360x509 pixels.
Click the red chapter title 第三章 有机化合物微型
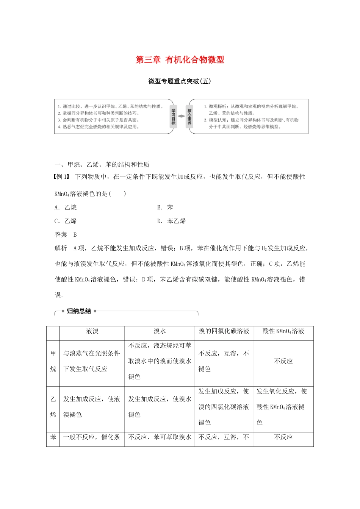(180, 60)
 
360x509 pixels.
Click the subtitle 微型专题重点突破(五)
(180, 81)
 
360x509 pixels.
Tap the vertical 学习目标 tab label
(173, 117)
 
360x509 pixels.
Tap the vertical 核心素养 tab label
(189, 117)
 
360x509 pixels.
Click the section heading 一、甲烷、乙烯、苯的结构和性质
(102, 164)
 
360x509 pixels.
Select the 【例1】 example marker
(63, 176)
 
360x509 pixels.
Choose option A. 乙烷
(66, 208)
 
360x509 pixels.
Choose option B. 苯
(165, 208)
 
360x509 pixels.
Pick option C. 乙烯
(66, 221)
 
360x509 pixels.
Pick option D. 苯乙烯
(172, 221)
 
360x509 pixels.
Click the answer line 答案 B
(66, 235)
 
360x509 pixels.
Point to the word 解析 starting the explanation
(61, 248)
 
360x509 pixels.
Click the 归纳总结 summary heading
(79, 311)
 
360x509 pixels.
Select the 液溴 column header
(92, 331)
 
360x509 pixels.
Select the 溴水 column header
(160, 331)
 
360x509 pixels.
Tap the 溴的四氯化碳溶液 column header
(224, 331)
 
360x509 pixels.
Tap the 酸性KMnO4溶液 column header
(283, 331)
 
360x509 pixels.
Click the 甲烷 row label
(53, 361)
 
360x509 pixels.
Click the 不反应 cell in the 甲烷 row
(283, 361)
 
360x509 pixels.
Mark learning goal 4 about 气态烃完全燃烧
(99, 127)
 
